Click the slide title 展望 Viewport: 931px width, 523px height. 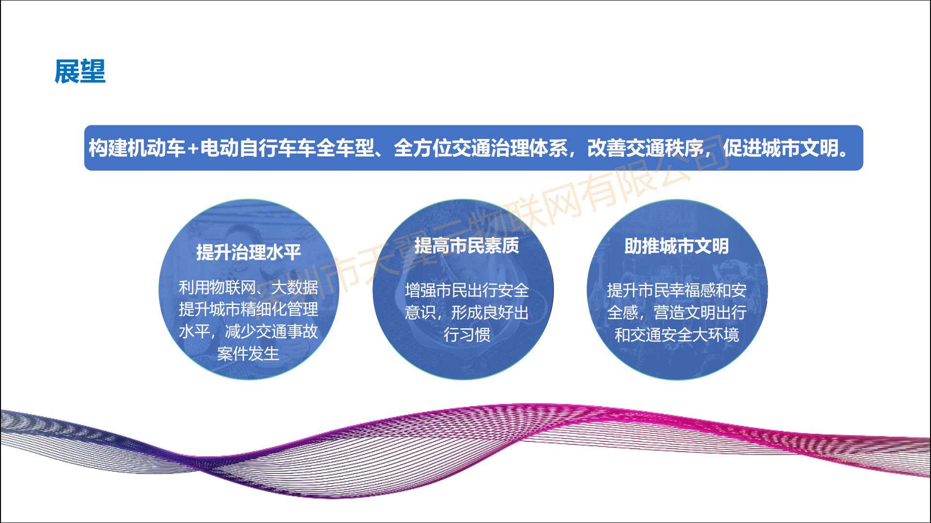pos(80,72)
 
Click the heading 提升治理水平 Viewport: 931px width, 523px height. pos(248,252)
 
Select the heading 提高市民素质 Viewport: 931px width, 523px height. pos(466,246)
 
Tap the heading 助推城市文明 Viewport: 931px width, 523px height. pos(676,246)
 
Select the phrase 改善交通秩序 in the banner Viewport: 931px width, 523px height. pos(645,148)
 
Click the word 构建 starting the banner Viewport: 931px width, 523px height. pos(108,148)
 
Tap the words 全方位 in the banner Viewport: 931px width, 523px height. pos(422,148)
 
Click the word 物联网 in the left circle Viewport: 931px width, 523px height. pos(233,287)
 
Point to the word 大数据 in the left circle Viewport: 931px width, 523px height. pos(295,287)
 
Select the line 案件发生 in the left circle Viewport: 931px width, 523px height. pos(248,354)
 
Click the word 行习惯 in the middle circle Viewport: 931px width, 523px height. pos(467,334)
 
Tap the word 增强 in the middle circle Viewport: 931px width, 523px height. pos(420,290)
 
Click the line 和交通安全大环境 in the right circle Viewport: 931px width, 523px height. pos(677,334)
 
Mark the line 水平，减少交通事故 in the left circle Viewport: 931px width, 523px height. pos(248,331)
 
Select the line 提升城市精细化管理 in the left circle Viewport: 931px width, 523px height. pos(248,309)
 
